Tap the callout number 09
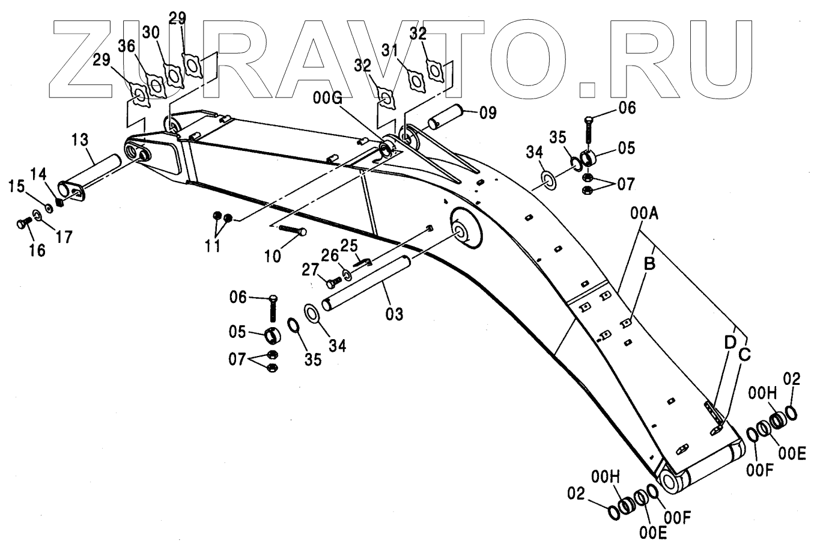(488, 112)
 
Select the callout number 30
(151, 32)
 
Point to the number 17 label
(64, 236)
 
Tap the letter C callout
(744, 354)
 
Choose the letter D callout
(729, 342)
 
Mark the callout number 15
(16, 187)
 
